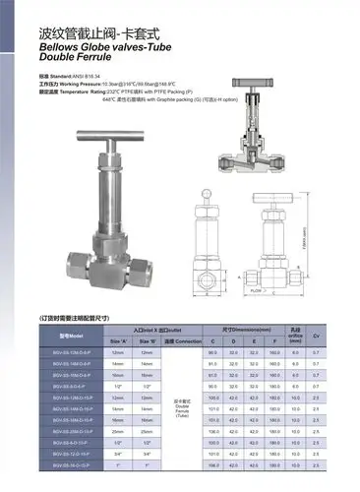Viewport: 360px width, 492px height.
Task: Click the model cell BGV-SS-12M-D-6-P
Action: (x=73, y=351)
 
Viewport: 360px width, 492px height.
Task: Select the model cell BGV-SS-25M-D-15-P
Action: (x=73, y=431)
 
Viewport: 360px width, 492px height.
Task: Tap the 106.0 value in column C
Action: (x=212, y=431)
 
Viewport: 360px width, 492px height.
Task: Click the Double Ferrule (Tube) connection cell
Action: (x=183, y=406)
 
